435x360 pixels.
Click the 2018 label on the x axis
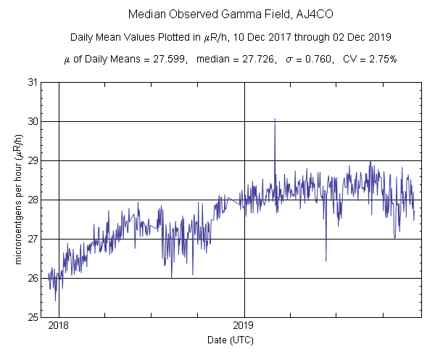[x=59, y=326]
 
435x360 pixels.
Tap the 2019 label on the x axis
[x=244, y=326]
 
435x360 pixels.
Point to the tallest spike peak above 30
[x=275, y=119]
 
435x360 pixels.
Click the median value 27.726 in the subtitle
[x=257, y=60]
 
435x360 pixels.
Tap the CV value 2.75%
[x=381, y=60]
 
